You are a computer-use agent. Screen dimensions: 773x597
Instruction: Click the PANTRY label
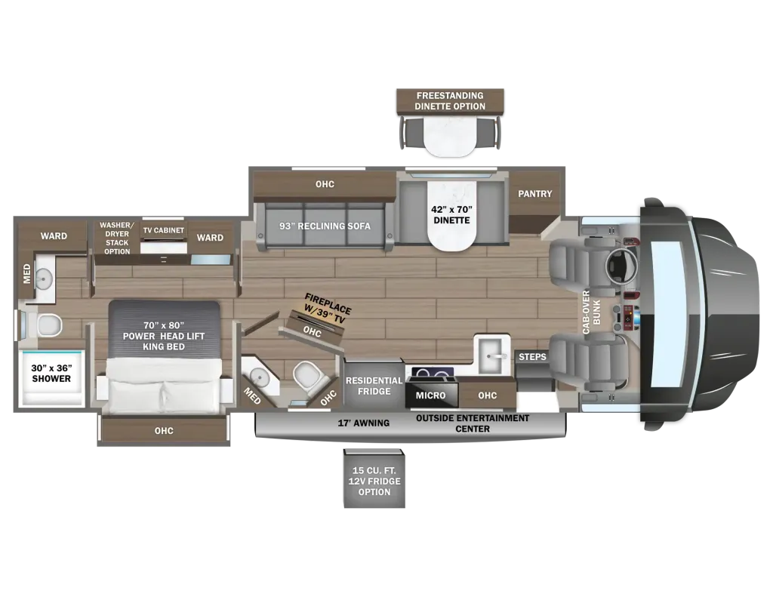point(535,194)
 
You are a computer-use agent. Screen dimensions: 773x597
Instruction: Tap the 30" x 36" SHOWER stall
point(51,377)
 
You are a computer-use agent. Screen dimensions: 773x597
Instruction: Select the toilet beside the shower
point(46,325)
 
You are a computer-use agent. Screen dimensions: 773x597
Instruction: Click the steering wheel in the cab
point(622,266)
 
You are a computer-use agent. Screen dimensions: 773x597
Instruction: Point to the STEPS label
point(532,356)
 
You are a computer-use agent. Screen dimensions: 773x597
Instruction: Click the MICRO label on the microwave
point(430,395)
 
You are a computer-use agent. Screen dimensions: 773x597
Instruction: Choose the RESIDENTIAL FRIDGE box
point(374,386)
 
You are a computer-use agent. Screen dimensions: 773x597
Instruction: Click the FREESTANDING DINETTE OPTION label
point(450,101)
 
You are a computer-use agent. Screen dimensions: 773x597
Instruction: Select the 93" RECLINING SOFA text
point(325,226)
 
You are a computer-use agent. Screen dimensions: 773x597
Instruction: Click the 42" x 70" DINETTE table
point(451,216)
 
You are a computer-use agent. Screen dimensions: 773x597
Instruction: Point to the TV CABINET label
point(164,230)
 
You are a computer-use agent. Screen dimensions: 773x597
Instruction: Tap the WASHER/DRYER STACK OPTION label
point(117,238)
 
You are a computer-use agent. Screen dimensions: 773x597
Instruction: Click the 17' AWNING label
point(364,423)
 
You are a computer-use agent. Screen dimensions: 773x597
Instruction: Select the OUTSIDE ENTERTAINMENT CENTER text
point(473,423)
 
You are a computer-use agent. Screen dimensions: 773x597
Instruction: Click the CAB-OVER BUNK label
point(591,312)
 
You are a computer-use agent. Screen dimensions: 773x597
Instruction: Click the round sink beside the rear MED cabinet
point(44,279)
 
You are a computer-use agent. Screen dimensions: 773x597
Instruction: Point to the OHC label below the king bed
point(164,431)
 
